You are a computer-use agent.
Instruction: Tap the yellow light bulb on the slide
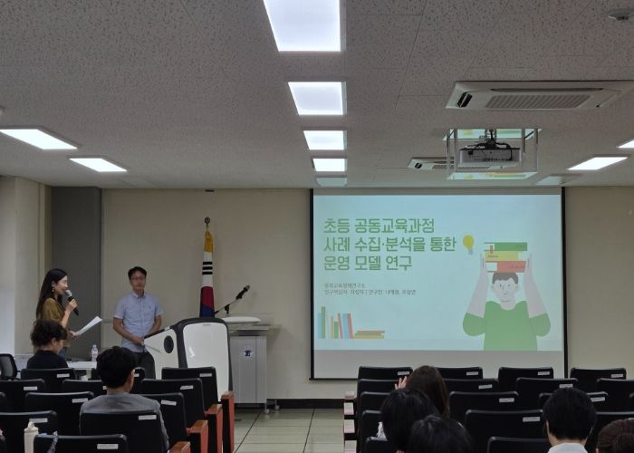(468, 243)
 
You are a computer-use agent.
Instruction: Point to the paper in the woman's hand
(89, 324)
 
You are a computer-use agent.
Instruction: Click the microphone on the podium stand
(243, 291)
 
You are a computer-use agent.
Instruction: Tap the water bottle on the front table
(93, 352)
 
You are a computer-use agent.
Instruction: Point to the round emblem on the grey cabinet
(246, 342)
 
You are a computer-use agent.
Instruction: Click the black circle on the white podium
(168, 344)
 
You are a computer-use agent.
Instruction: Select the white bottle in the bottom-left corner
(31, 438)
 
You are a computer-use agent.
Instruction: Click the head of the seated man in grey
(116, 369)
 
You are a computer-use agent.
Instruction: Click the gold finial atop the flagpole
(207, 222)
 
